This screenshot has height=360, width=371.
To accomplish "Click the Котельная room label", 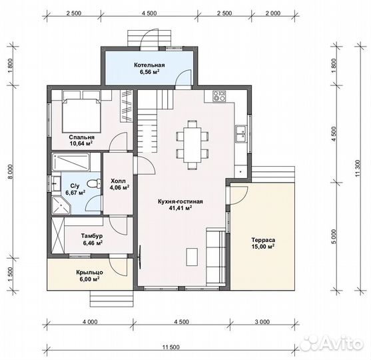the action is pos(149,65).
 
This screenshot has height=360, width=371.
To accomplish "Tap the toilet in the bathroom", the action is pos(94,184).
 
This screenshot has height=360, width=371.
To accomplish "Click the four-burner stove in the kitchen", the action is pos(219,96).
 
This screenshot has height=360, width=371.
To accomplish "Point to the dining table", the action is pos(192,145).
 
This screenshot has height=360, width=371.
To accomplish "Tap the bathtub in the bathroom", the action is pos(71,162).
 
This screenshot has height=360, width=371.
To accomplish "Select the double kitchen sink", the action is pos(241,134).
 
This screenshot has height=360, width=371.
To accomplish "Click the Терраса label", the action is pos(263,240).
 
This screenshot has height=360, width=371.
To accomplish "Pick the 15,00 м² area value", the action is pos(263,247).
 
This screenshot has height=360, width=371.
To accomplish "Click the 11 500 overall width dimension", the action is pos(171,347).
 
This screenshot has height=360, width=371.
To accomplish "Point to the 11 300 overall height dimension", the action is pos(358,168).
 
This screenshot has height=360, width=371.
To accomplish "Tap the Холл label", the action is pos(119,181).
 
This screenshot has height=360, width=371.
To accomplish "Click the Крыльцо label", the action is pos(89,273).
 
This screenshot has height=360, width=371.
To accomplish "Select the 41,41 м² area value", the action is pos(181,208).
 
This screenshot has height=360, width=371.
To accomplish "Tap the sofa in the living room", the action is pos(216,257).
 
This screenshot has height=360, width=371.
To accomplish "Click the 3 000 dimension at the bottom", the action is pos(263,321).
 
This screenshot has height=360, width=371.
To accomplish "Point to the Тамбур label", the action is pos(92,236).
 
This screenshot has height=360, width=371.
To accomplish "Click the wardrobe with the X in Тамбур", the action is pos(58,235).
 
